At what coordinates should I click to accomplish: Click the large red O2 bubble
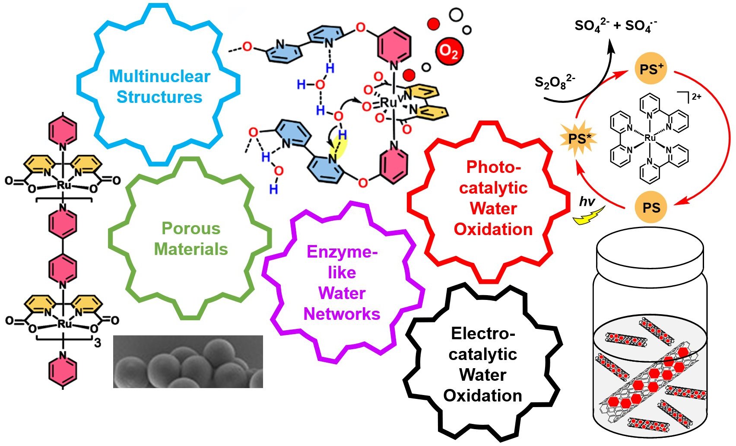(x=449, y=51)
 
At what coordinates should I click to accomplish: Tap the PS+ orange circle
(x=651, y=69)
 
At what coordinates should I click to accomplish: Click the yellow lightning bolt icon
(x=588, y=216)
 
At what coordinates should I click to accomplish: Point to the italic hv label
(x=587, y=201)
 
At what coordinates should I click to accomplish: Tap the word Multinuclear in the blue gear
(x=160, y=76)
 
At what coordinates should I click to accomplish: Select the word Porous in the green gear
(x=191, y=228)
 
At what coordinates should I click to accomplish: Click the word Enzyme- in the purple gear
(x=342, y=252)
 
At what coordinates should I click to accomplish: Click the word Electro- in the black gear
(x=483, y=334)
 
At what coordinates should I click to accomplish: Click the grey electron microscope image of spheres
(x=188, y=362)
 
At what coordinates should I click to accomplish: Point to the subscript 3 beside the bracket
(x=98, y=343)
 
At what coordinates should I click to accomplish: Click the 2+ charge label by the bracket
(x=697, y=97)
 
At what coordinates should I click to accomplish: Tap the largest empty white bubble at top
(x=456, y=15)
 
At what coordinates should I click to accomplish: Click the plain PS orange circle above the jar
(x=651, y=207)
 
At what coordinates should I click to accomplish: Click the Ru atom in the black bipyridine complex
(x=650, y=138)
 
